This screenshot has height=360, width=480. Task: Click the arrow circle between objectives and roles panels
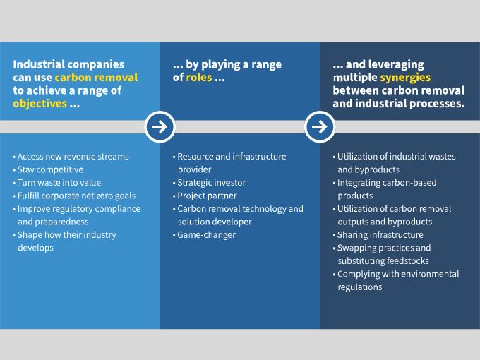(x=160, y=127)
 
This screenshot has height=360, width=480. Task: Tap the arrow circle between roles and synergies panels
(x=320, y=127)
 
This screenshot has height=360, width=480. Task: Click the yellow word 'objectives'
(x=40, y=104)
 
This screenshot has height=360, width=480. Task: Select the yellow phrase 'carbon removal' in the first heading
(x=97, y=78)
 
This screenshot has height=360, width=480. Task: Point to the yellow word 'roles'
(x=199, y=78)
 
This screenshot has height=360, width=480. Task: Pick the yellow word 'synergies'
(x=405, y=78)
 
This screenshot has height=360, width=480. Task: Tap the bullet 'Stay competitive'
(x=48, y=169)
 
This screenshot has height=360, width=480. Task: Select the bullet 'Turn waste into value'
(x=57, y=183)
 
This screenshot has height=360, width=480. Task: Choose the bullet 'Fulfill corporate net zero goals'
(x=74, y=196)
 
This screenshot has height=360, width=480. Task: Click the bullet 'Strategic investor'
(x=210, y=183)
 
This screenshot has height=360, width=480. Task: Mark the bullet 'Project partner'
(x=205, y=196)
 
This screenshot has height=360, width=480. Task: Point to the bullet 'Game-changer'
(x=204, y=235)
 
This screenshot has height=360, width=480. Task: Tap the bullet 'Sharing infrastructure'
(x=378, y=235)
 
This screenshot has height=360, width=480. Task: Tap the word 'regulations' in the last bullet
(x=360, y=287)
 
